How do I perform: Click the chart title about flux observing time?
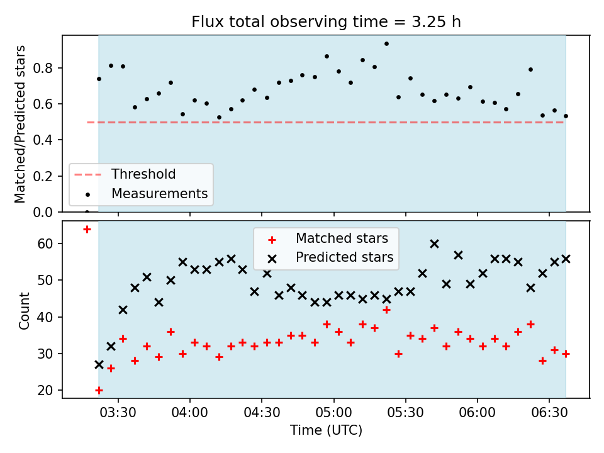(x=326, y=21)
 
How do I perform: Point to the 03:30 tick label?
(x=118, y=413)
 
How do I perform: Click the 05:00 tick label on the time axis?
(x=333, y=413)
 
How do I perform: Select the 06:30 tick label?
(x=549, y=413)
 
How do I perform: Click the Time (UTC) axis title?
(x=326, y=430)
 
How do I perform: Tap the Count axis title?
(x=24, y=310)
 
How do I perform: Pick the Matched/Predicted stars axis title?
(x=20, y=124)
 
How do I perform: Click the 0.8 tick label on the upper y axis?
(x=42, y=68)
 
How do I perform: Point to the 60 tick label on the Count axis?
(x=45, y=243)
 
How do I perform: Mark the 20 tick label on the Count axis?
(x=45, y=390)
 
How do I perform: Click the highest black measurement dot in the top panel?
(x=386, y=44)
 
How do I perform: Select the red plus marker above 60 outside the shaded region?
(x=87, y=230)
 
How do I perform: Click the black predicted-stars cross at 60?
(x=434, y=244)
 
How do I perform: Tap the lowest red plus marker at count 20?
(x=99, y=391)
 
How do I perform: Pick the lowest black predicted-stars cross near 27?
(x=99, y=364)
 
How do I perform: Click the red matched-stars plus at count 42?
(x=386, y=310)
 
